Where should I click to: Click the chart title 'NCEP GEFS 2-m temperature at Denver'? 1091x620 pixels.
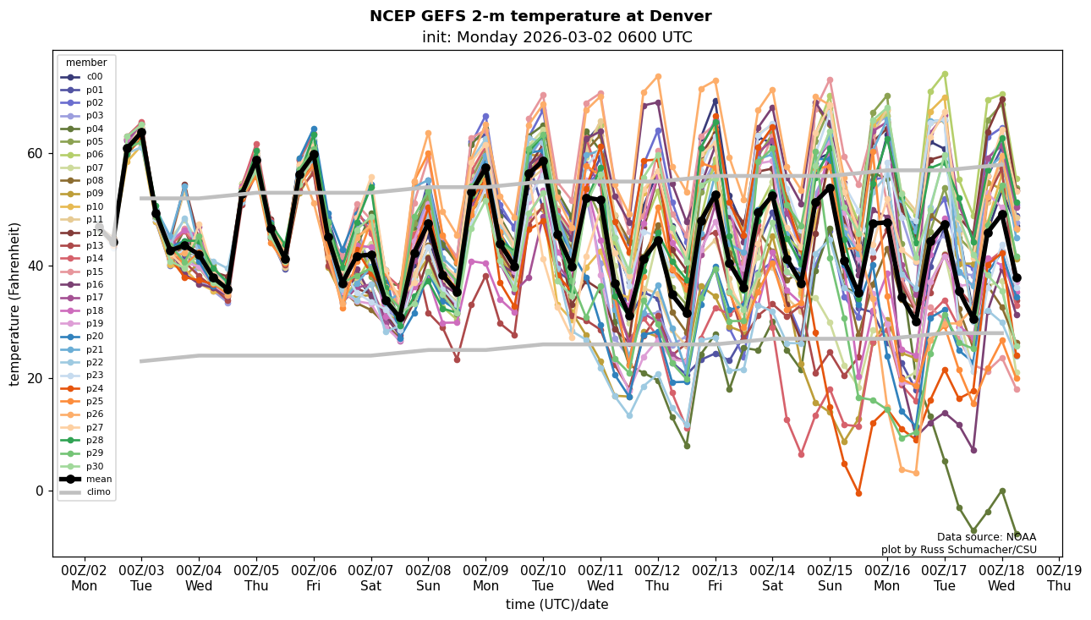coord(540,16)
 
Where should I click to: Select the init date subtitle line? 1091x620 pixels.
coord(556,37)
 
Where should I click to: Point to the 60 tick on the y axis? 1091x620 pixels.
coord(37,154)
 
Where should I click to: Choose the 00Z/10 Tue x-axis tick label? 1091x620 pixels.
coord(543,577)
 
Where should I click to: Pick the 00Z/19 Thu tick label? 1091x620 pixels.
coord(1059,577)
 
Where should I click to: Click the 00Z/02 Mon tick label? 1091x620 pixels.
coord(84,577)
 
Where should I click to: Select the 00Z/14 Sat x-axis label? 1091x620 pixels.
coord(773,577)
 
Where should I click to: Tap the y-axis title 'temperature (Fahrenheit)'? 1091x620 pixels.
coord(14,304)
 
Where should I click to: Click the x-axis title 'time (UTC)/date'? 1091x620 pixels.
coord(556,605)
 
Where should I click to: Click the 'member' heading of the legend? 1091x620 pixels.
coord(86,63)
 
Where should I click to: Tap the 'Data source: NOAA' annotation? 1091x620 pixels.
coord(986,537)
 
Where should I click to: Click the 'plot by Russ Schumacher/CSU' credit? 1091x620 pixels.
coord(958,550)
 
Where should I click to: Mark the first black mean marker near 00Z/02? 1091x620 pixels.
coord(113,242)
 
